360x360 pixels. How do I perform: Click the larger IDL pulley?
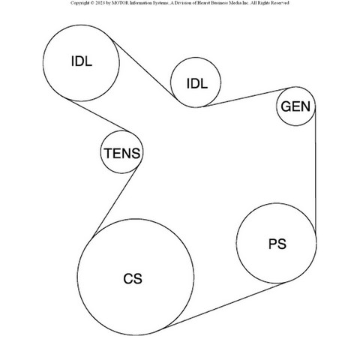pyautogui.click(x=43, y=63)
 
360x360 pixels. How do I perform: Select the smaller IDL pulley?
pyautogui.click(x=170, y=82)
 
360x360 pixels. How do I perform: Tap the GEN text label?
pyautogui.click(x=295, y=106)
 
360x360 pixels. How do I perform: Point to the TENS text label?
pyautogui.click(x=122, y=153)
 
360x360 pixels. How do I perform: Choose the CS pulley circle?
pyautogui.click(x=77, y=277)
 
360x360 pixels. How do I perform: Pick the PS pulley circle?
pyautogui.click(x=236, y=243)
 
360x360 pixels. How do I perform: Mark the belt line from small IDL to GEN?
pyautogui.click(x=245, y=97)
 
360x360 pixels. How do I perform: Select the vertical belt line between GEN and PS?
pyautogui.click(x=315, y=170)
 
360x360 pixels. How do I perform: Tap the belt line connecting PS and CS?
pyautogui.click(x=224, y=305)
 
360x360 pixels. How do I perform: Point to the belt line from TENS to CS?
pyautogui.click(x=115, y=202)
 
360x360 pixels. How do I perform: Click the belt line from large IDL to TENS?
pyautogui.click(x=98, y=115)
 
